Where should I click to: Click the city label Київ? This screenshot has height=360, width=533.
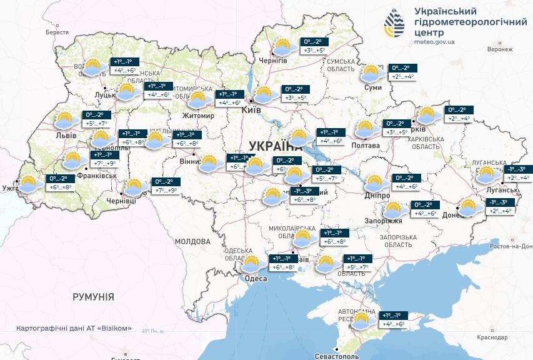pyautogui.click(x=251, y=110)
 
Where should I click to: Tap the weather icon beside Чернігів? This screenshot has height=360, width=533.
pyautogui.click(x=284, y=47)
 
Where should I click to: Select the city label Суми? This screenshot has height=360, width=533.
pyautogui.click(x=372, y=88)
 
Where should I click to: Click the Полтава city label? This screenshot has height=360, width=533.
pyautogui.click(x=366, y=146)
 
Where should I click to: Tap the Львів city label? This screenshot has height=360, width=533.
pyautogui.click(x=65, y=136)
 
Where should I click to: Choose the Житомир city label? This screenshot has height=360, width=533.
pyautogui.click(x=198, y=116)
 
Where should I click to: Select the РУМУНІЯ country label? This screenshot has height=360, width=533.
pyautogui.click(x=93, y=297)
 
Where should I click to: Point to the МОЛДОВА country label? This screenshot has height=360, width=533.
pyautogui.click(x=192, y=241)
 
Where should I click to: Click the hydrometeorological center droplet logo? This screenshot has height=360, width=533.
pyautogui.click(x=394, y=23)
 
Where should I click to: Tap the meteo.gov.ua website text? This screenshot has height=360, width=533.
pyautogui.click(x=434, y=42)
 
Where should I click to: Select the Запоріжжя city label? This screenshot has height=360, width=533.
pyautogui.click(x=384, y=221)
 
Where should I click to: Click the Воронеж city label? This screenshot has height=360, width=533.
pyautogui.click(x=500, y=49)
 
